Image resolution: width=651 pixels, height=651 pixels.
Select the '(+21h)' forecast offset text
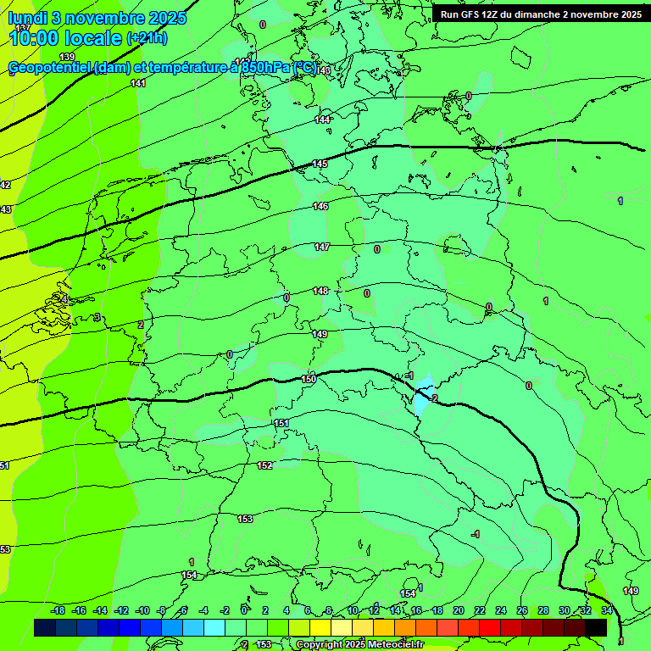[147, 38]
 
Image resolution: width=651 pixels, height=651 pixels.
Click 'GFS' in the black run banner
[472, 14]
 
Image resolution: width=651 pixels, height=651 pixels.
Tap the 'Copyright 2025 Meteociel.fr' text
[359, 645]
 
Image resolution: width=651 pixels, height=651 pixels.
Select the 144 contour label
[322, 120]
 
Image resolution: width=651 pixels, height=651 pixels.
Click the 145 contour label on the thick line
[320, 164]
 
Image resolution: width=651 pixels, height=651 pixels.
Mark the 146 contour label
[320, 206]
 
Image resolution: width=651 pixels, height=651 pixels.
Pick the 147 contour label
[321, 247]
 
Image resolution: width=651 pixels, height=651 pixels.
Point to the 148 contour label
[320, 291]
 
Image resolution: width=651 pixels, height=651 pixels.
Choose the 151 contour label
[281, 423]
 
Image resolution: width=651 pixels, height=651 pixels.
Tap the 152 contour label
[264, 465]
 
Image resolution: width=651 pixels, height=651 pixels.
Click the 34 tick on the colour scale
[607, 610]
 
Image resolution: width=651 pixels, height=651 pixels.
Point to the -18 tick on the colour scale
[58, 610]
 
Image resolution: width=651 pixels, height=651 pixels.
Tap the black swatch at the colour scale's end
[596, 627]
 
